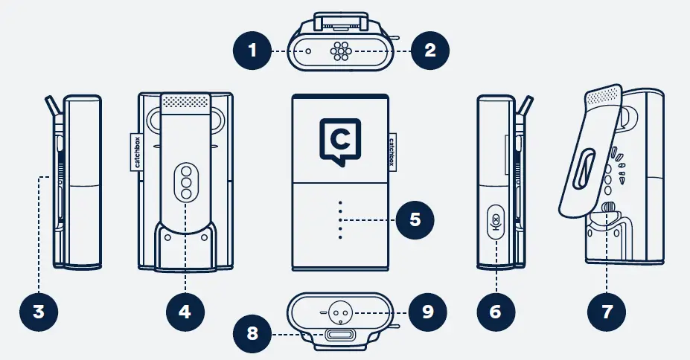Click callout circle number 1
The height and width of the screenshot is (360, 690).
pyautogui.click(x=251, y=51)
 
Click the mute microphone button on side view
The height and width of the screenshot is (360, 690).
pyautogui.click(x=496, y=222)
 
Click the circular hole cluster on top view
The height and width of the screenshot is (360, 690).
pyautogui.click(x=341, y=51)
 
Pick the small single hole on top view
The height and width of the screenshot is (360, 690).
pyautogui.click(x=307, y=51)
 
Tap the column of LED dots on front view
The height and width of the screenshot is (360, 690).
pyautogui.click(x=340, y=219)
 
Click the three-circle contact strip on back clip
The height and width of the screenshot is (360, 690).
pyautogui.click(x=185, y=181)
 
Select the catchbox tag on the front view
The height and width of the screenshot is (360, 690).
pyautogui.click(x=392, y=152)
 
